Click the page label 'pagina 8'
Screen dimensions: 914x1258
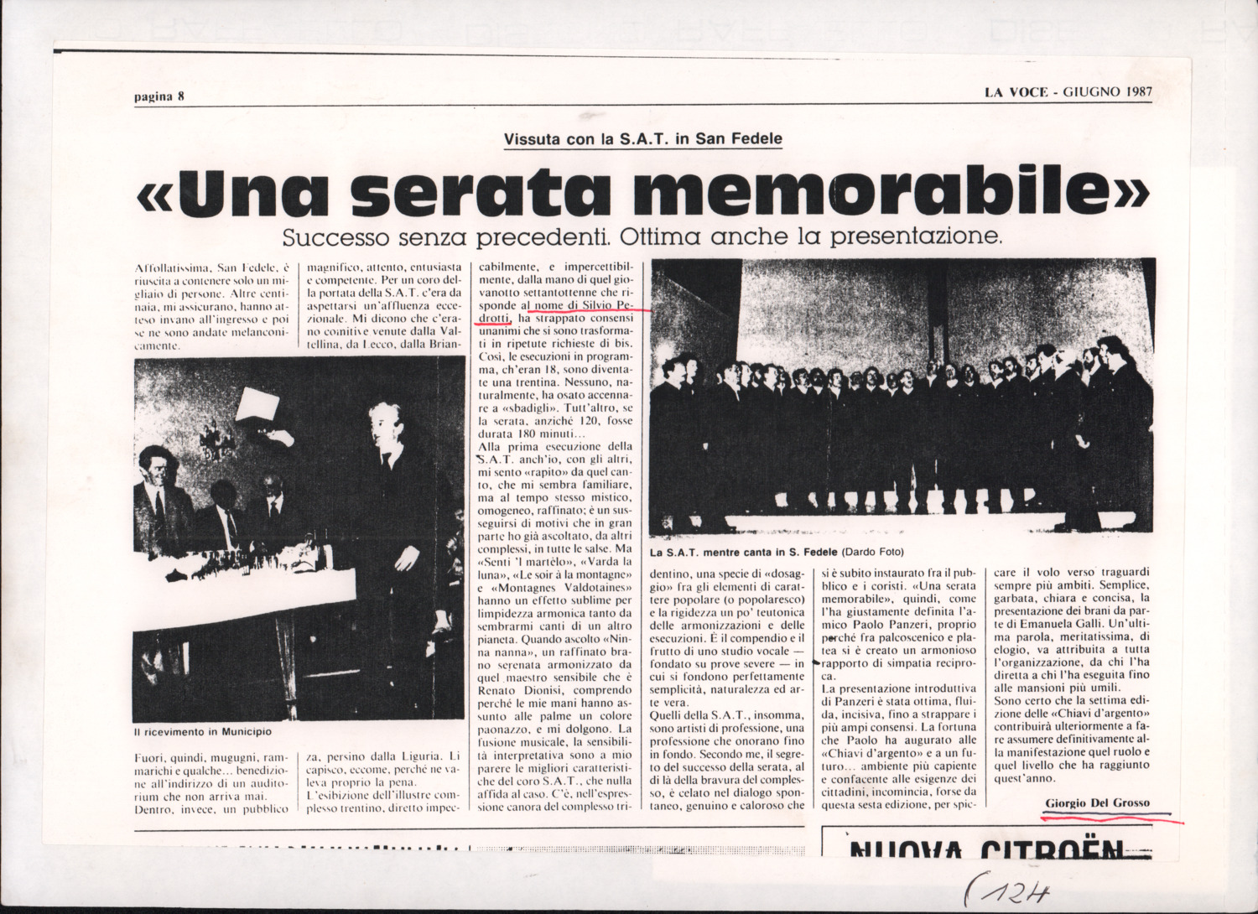[159, 96]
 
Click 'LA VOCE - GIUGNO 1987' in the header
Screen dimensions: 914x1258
[1068, 91]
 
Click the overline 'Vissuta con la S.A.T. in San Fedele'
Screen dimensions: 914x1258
[642, 139]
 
